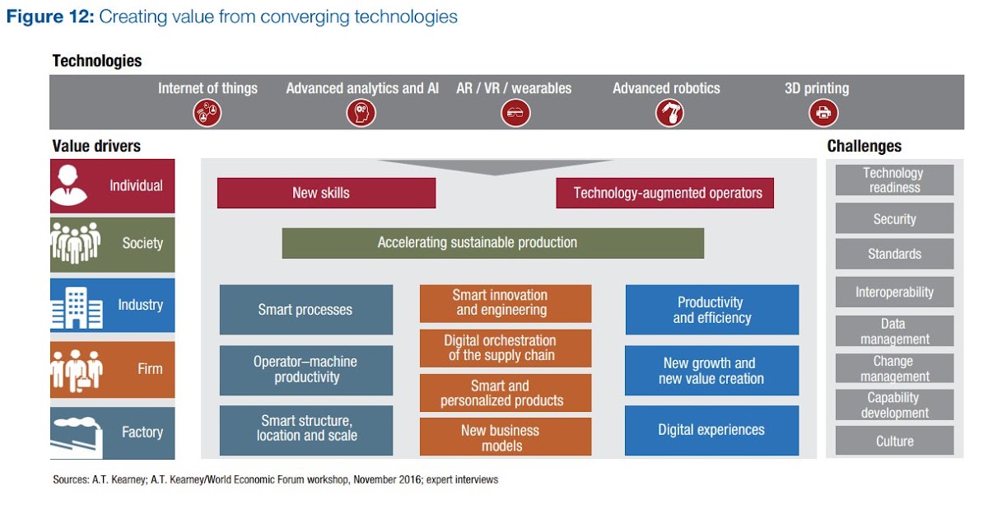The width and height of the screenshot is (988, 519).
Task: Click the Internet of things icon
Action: (207, 113)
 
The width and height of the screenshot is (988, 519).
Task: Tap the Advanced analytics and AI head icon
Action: (361, 113)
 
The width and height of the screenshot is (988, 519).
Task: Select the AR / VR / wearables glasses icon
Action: (515, 113)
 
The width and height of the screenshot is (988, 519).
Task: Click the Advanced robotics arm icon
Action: (669, 113)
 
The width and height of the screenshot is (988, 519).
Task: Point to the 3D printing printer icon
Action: (823, 113)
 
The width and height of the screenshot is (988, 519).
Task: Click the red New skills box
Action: (326, 194)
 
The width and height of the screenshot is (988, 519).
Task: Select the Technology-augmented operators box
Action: (664, 194)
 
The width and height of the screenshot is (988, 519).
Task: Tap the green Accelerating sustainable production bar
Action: (492, 243)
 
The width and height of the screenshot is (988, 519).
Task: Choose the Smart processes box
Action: (305, 310)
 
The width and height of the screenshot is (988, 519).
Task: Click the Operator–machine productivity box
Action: (305, 370)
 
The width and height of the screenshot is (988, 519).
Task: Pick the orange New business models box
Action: (505, 437)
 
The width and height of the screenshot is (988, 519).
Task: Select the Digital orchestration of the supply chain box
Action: (505, 348)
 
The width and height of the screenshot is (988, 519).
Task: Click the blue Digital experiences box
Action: (711, 430)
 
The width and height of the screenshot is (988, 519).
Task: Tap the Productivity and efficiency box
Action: (711, 310)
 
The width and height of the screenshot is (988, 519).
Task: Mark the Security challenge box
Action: (894, 219)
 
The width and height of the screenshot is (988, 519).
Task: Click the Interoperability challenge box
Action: (894, 292)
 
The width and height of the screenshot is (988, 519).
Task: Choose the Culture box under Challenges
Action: (894, 441)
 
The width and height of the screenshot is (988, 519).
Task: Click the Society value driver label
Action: (142, 243)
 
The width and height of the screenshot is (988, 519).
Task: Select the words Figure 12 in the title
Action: (49, 17)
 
